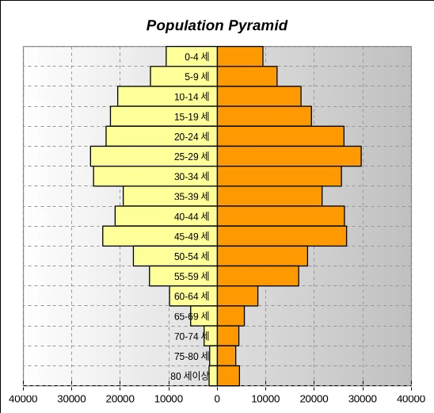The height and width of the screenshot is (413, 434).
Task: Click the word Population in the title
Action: coord(185,25)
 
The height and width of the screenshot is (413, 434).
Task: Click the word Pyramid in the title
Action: coord(258,25)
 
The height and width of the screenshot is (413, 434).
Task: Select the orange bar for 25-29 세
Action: coord(289,156)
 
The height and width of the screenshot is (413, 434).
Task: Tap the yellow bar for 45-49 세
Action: coord(160,236)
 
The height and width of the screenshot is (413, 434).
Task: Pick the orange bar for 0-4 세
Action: coord(240,56)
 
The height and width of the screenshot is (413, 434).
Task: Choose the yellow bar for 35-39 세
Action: coord(170,196)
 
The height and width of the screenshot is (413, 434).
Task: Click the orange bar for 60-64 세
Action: coord(238,296)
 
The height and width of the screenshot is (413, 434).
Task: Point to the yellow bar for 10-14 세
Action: coord(167,96)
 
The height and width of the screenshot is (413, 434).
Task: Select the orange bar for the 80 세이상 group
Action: coord(228,376)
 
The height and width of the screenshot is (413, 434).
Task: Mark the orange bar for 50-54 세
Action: coord(262,256)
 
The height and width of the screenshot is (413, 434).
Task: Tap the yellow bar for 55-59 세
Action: coord(183,276)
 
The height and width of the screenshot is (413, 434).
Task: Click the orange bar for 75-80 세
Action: coord(227,356)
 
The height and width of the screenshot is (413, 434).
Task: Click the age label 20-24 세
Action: coord(192,137)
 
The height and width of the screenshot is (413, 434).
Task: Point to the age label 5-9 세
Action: coord(196,76)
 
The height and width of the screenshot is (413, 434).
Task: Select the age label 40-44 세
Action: coord(192,216)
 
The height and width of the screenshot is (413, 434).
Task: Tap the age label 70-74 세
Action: coord(192,336)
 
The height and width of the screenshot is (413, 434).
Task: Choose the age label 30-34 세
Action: coord(192,177)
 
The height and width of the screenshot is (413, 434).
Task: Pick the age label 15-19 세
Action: coord(192,117)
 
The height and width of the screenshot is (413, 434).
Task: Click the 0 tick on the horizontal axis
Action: coord(217,400)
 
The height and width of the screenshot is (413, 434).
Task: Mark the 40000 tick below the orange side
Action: coord(411,400)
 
